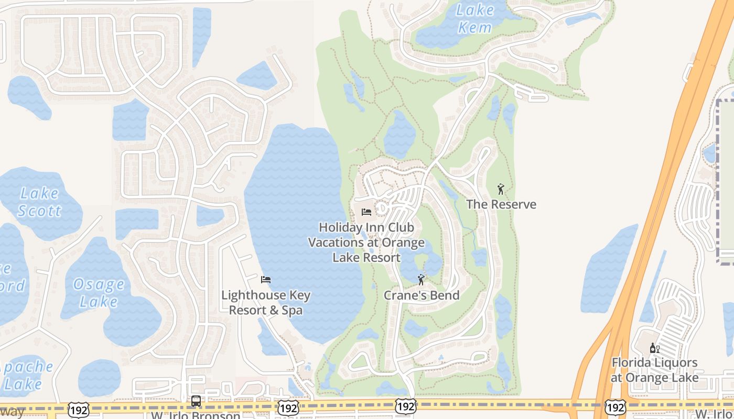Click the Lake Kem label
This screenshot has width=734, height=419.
476,18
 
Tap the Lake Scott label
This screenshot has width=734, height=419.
39,202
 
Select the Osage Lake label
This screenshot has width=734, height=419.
99,293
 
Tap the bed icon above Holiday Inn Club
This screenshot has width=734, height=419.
366,212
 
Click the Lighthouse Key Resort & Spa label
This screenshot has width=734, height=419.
266,302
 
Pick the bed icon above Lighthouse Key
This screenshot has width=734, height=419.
266,280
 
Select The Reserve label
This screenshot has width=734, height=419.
501,204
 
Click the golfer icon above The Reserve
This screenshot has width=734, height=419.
501,189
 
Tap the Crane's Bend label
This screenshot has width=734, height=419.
422,295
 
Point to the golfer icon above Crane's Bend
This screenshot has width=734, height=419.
420,279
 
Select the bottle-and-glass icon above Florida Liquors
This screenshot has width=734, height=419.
655,348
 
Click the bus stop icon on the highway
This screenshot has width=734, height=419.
196,401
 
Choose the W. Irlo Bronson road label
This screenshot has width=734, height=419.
195,415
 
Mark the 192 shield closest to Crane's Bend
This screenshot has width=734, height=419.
406,406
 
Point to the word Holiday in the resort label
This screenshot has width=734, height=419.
341,227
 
